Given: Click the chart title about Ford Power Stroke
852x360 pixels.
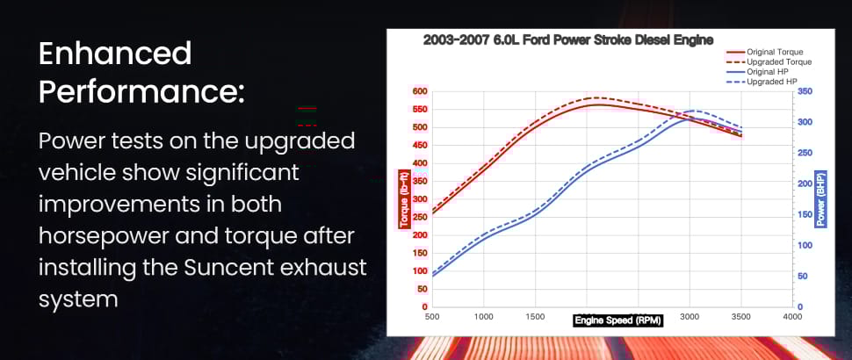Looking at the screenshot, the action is tap(567, 40).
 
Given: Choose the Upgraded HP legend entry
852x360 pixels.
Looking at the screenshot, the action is tap(762, 82).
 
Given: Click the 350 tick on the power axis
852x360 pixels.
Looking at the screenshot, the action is tap(805, 92).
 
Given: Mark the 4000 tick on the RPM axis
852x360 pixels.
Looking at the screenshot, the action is tap(792, 317).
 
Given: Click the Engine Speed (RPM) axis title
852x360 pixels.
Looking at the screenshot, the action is tap(617, 320).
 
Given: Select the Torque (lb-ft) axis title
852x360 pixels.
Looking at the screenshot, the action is tap(404, 199).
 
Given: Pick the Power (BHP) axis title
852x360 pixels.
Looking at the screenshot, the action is tap(820, 199).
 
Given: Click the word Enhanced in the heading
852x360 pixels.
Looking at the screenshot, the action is tap(115, 54).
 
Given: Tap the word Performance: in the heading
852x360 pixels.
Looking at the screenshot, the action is tap(141, 93).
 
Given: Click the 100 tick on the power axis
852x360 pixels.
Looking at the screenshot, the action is tap(805, 246).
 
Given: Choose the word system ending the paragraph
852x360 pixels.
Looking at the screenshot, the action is tap(78, 300).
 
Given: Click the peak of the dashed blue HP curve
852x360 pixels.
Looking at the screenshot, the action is tap(695, 111).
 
